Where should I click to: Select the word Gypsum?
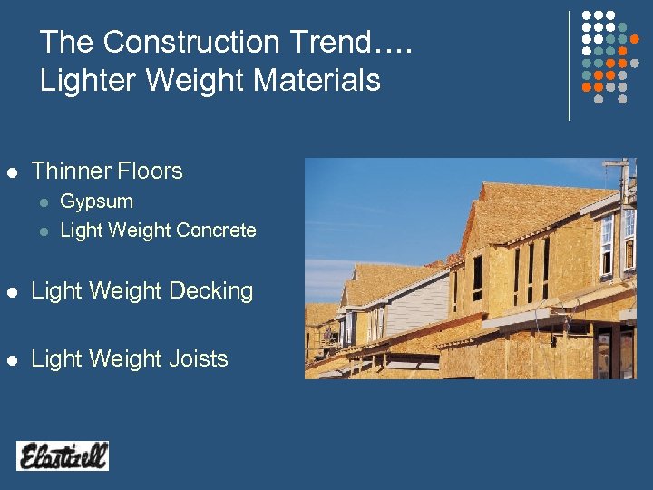point(96,201)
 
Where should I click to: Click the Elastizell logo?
point(63,456)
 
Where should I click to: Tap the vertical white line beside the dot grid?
point(569,65)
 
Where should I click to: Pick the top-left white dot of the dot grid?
point(586,16)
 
